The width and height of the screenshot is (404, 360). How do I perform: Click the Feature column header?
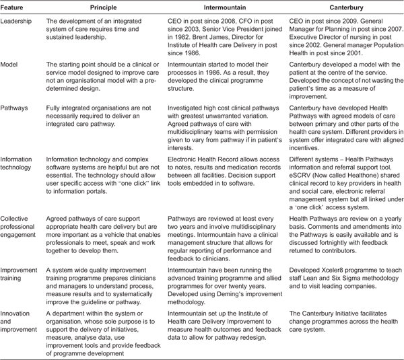[x=14, y=7]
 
